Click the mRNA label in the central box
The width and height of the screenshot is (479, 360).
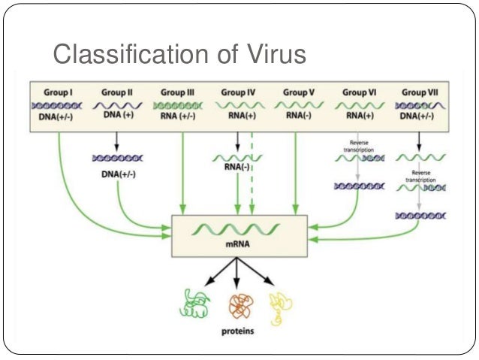coord(239,244)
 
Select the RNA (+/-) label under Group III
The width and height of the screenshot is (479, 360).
coord(177,119)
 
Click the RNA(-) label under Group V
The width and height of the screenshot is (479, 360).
coord(298,118)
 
